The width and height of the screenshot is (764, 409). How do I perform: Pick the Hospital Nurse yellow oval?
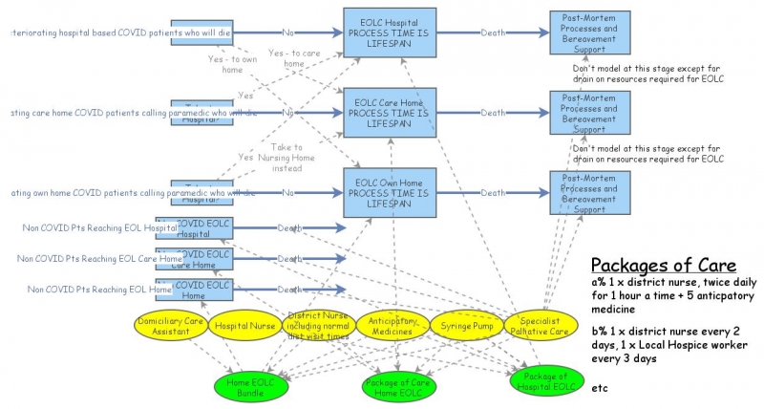[244, 326]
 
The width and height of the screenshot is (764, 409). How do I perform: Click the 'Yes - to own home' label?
[232, 64]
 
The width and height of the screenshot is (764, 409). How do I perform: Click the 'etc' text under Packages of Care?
[601, 389]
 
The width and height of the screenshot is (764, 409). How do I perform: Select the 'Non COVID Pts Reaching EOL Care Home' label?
[100, 259]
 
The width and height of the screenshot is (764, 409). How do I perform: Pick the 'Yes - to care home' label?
[294, 58]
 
